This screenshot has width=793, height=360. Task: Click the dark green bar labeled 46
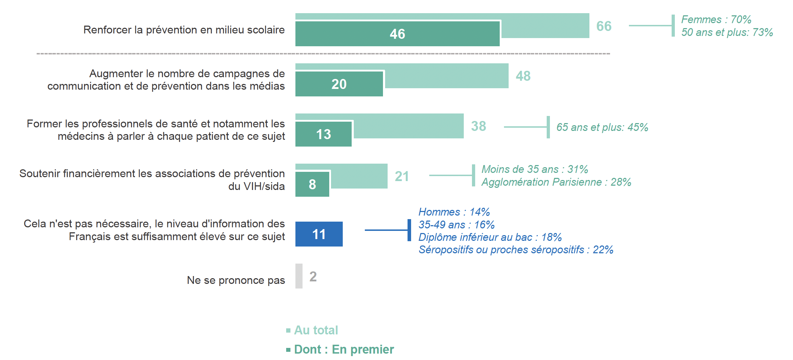(397, 34)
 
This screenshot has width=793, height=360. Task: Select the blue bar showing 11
(319, 234)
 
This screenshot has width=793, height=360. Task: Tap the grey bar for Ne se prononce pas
(299, 276)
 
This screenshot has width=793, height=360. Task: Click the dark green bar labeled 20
(339, 84)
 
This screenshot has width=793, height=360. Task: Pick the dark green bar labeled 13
(323, 134)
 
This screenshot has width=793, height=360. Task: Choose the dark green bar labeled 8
(312, 184)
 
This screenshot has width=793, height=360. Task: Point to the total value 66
(604, 26)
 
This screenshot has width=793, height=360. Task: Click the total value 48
(523, 76)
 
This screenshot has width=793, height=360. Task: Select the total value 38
(478, 126)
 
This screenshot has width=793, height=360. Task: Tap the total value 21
(401, 176)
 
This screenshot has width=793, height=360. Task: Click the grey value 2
(313, 276)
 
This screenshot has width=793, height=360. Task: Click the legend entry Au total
(316, 330)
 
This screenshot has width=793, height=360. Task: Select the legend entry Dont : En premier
(344, 349)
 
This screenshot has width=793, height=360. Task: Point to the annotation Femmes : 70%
(716, 19)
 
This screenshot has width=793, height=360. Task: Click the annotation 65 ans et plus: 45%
(602, 127)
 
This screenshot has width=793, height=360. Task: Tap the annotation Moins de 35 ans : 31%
(535, 169)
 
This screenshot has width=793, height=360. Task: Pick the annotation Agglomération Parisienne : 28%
(556, 182)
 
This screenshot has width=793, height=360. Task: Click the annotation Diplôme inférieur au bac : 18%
(490, 237)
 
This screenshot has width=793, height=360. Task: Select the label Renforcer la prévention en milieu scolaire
(184, 30)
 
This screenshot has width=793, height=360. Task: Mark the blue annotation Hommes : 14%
(454, 212)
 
